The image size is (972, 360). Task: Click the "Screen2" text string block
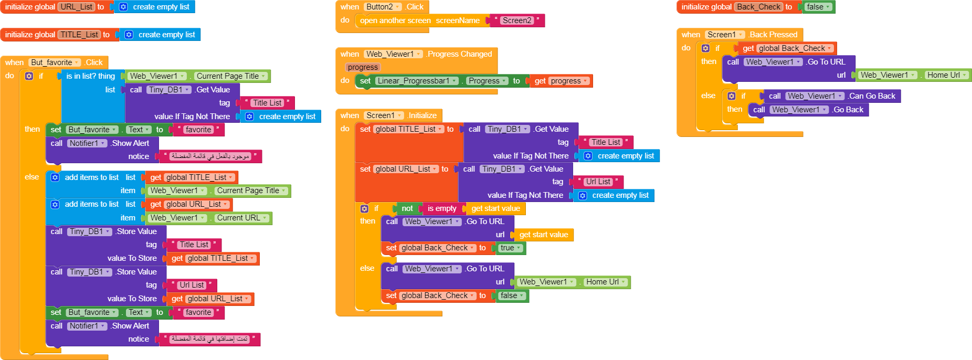tap(517, 20)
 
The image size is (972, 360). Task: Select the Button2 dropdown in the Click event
tap(383, 7)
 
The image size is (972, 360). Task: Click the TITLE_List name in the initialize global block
tap(79, 35)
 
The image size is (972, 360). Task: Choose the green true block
tap(510, 248)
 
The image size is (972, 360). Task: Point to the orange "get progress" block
tap(561, 81)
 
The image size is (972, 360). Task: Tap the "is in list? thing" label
tap(90, 76)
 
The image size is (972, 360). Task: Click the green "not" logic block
tap(407, 208)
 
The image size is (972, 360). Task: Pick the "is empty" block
tap(442, 208)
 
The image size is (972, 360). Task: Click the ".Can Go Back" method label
tap(872, 96)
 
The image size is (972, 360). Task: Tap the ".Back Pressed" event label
tap(773, 35)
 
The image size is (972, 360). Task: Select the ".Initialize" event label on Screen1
tap(422, 115)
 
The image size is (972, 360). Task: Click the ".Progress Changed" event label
tap(459, 54)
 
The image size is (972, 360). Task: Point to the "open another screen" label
tap(393, 20)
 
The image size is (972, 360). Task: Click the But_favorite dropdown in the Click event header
tap(55, 62)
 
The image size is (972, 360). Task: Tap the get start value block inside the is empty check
tap(495, 208)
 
